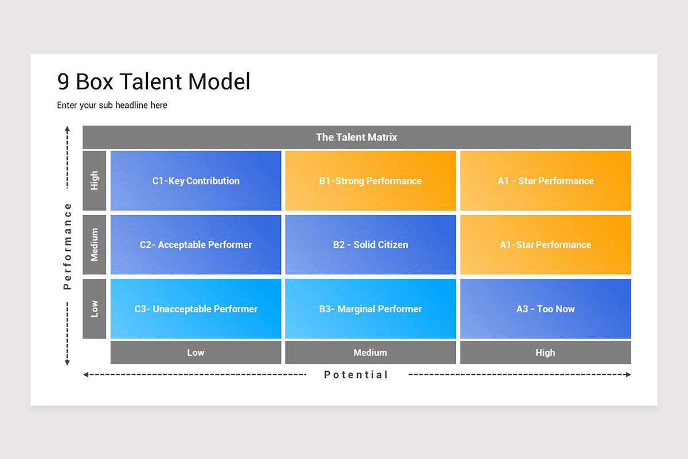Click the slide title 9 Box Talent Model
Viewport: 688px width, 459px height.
pyautogui.click(x=154, y=82)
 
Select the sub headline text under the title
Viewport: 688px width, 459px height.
pyautogui.click(x=112, y=106)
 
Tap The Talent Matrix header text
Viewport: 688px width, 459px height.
pyautogui.click(x=357, y=137)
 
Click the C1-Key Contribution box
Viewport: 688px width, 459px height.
pyautogui.click(x=196, y=181)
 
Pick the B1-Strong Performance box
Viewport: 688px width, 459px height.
pyautogui.click(x=370, y=181)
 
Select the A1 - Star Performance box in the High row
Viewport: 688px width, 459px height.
pyautogui.click(x=545, y=181)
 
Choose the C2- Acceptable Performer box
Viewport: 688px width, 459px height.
pyautogui.click(x=196, y=244)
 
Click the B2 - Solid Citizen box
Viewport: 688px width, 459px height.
pyautogui.click(x=370, y=244)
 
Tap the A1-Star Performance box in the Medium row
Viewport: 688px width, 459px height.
pyautogui.click(x=545, y=244)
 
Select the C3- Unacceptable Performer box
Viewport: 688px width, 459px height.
pyautogui.click(x=196, y=309)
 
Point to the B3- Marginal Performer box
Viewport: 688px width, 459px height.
pyautogui.click(x=370, y=309)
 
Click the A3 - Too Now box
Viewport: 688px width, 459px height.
pyautogui.click(x=545, y=309)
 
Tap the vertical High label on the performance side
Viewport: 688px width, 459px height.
pyautogui.click(x=95, y=181)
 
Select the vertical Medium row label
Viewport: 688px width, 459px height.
pyautogui.click(x=95, y=244)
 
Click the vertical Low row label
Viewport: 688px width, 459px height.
pyautogui.click(x=95, y=309)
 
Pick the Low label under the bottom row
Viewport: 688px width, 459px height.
pyautogui.click(x=196, y=352)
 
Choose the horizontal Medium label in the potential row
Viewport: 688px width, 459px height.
pyautogui.click(x=370, y=352)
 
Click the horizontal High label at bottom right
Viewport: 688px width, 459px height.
pyautogui.click(x=545, y=352)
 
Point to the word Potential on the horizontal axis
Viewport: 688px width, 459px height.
pyautogui.click(x=356, y=375)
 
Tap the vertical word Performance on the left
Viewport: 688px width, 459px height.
pyautogui.click(x=68, y=246)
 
